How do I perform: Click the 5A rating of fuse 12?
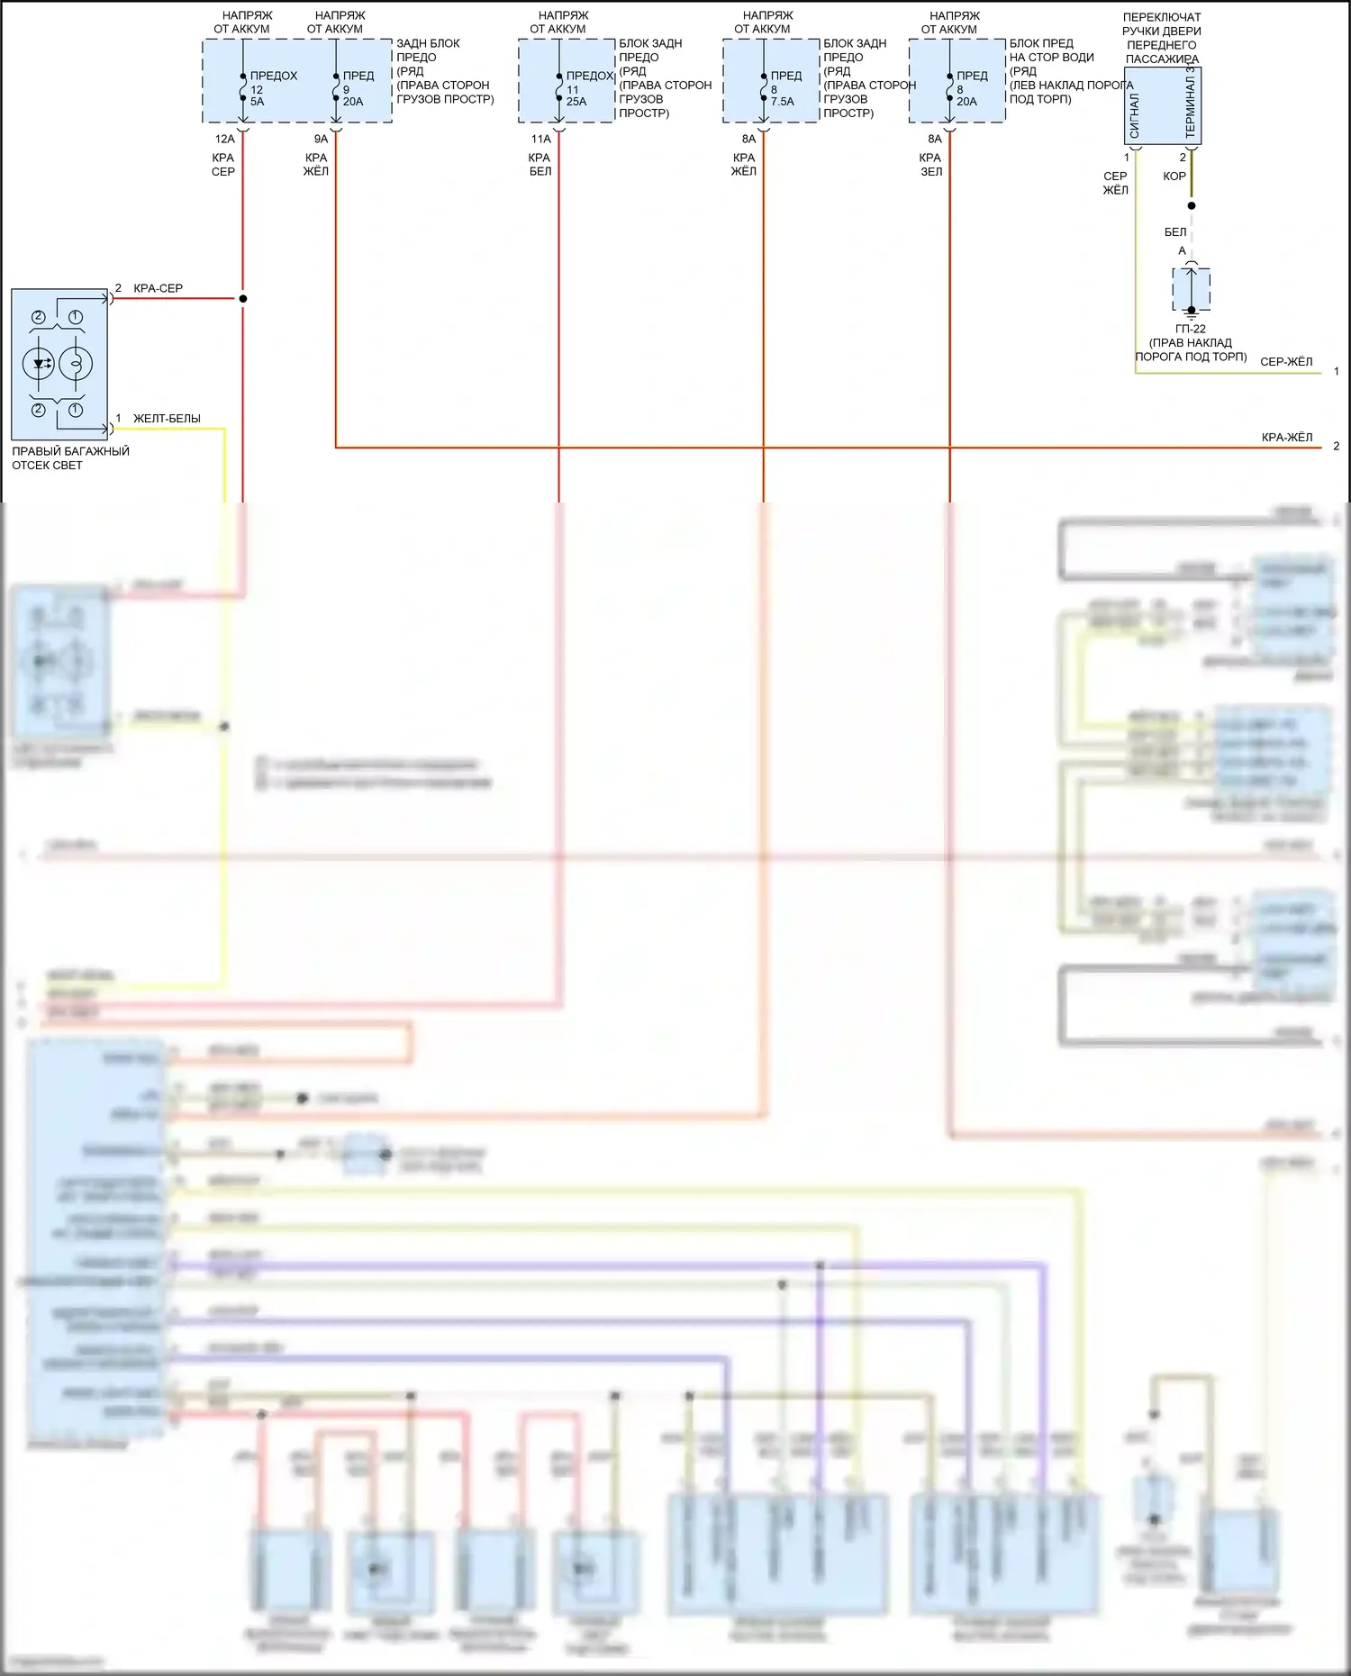(x=257, y=102)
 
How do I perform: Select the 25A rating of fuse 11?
(x=576, y=102)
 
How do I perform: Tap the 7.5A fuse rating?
(x=783, y=102)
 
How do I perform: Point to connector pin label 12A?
(x=224, y=139)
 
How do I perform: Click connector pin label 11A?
(x=540, y=139)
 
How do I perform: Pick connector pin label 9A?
(x=321, y=139)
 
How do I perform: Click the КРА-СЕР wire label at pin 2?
(x=158, y=288)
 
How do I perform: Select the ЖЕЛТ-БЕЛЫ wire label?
(x=167, y=418)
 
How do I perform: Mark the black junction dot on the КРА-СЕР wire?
(x=242, y=298)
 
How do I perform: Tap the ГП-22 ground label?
(x=1191, y=329)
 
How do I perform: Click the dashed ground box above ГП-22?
(x=1191, y=288)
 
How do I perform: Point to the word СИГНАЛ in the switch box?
(x=1135, y=114)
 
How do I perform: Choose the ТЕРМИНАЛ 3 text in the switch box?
(x=1191, y=101)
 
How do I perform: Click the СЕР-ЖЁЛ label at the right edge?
(x=1286, y=361)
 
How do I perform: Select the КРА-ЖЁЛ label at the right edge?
(x=1287, y=437)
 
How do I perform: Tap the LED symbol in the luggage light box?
(x=40, y=364)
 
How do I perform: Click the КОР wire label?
(x=1174, y=176)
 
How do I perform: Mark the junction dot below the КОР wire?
(x=1192, y=205)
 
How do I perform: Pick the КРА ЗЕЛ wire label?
(x=930, y=164)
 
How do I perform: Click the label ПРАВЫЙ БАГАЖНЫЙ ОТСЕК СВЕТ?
(x=70, y=458)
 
